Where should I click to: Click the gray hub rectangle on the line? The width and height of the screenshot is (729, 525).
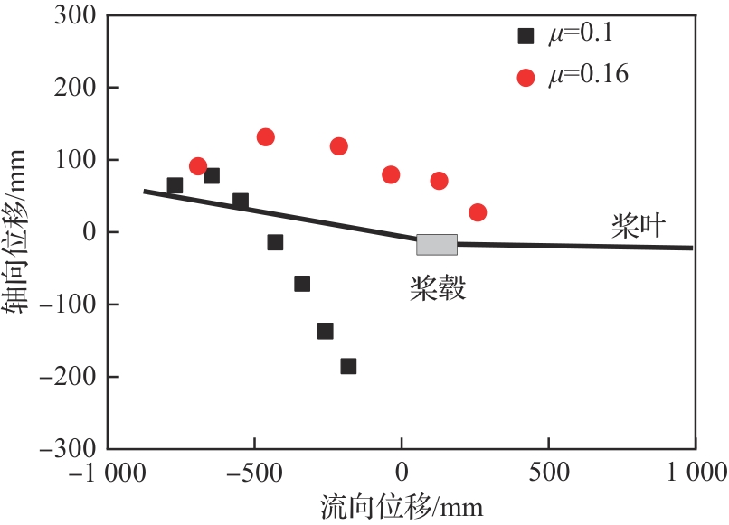pos(437,244)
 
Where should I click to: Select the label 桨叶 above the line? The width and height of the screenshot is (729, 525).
pos(639,227)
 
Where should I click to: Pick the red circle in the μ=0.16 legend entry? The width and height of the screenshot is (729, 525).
pos(525,77)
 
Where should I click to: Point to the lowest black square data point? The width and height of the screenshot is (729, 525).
pos(348,366)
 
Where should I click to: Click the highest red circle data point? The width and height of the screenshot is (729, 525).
pos(265,137)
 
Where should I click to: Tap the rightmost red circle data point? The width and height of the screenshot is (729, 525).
pos(478,212)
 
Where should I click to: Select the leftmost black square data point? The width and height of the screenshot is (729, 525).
pos(175,185)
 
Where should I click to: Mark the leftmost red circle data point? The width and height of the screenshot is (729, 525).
pos(198,166)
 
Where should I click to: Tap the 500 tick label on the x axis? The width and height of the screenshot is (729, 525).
pos(548,472)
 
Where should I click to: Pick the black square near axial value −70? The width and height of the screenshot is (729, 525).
pos(302,284)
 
